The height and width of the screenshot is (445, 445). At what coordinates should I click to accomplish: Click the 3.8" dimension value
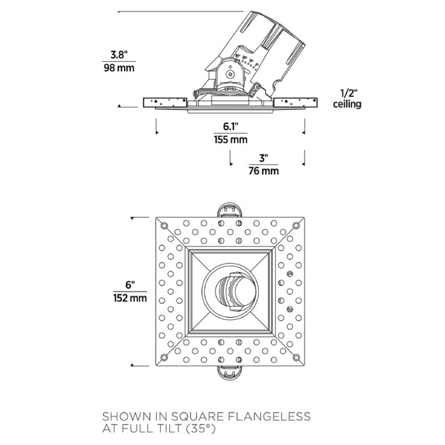pyautogui.click(x=119, y=55)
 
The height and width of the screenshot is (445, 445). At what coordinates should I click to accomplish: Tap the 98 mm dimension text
pyautogui.click(x=119, y=68)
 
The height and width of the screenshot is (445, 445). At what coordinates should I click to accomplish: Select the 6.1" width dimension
pyautogui.click(x=230, y=127)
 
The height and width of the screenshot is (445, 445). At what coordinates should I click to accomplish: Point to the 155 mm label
pyautogui.click(x=230, y=140)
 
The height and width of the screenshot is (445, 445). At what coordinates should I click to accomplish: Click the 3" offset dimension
pyautogui.click(x=264, y=158)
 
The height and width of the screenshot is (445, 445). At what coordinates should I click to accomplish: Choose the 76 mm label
pyautogui.click(x=264, y=171)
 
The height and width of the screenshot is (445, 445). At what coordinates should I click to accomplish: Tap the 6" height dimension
pyautogui.click(x=130, y=285)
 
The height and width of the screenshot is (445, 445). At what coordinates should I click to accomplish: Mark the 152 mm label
pyautogui.click(x=130, y=298)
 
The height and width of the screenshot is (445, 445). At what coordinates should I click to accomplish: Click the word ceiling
pyautogui.click(x=347, y=104)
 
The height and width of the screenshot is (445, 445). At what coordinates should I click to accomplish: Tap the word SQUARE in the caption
pyautogui.click(x=197, y=417)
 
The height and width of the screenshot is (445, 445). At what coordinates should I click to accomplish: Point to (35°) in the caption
pyautogui.click(x=200, y=428)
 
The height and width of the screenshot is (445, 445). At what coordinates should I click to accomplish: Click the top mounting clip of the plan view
pyautogui.click(x=230, y=210)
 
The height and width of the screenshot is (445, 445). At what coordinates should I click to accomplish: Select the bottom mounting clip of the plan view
pyautogui.click(x=230, y=373)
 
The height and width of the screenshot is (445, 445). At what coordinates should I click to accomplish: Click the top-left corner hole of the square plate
pyautogui.click(x=164, y=226)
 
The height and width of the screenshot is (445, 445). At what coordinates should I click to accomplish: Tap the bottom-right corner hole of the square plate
pyautogui.click(x=296, y=357)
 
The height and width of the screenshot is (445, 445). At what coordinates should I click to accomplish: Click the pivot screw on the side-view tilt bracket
pyautogui.click(x=230, y=74)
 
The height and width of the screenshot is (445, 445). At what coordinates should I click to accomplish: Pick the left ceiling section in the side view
pyautogui.click(x=165, y=102)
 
